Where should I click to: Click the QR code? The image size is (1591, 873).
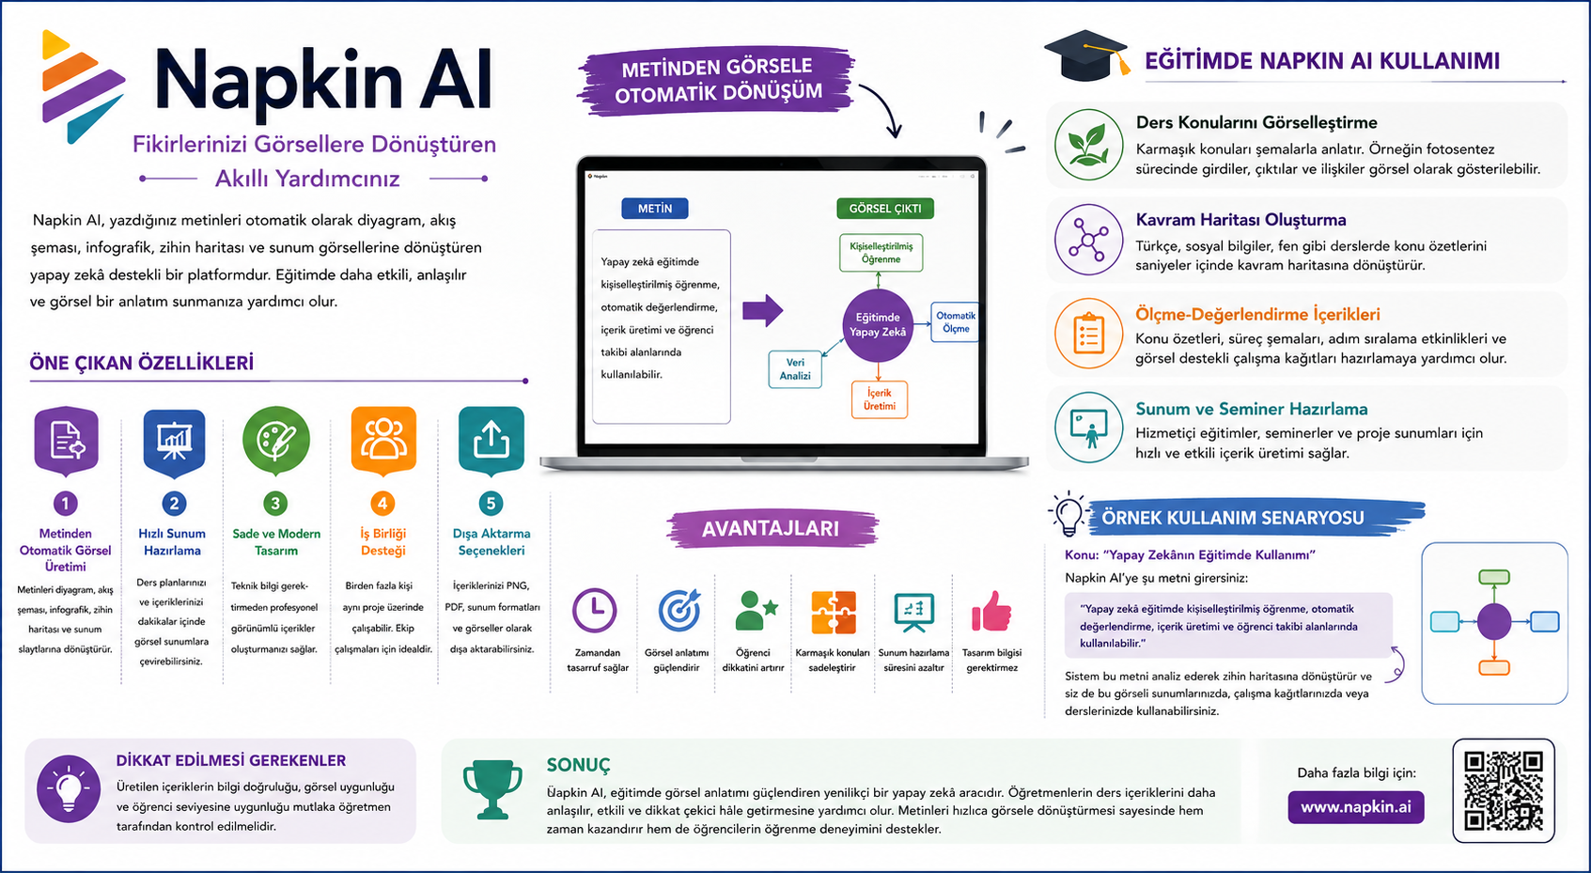pyautogui.click(x=1503, y=790)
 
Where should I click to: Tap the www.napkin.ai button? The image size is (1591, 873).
pyautogui.click(x=1355, y=807)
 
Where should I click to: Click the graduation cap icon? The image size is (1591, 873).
pyautogui.click(x=1086, y=55)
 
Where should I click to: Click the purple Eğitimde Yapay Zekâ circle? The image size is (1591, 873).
pyautogui.click(x=878, y=325)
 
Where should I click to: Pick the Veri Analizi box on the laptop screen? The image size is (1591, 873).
pyautogui.click(x=795, y=369)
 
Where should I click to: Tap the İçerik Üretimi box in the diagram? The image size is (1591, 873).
pyautogui.click(x=880, y=399)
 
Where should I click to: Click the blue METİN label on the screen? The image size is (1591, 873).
pyautogui.click(x=655, y=208)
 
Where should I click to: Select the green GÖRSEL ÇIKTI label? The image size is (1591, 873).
pyautogui.click(x=885, y=208)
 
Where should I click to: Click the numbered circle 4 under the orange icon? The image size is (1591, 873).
pyautogui.click(x=382, y=504)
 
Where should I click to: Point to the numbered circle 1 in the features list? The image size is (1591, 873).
pyautogui.click(x=66, y=504)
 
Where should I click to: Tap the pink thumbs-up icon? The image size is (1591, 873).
pyautogui.click(x=990, y=612)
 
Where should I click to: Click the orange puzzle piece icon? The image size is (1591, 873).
pyautogui.click(x=834, y=612)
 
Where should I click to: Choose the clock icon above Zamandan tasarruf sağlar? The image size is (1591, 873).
pyautogui.click(x=595, y=610)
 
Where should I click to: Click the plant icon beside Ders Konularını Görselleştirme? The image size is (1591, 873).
pyautogui.click(x=1088, y=145)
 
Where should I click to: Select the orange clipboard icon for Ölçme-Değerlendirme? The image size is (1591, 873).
pyautogui.click(x=1088, y=334)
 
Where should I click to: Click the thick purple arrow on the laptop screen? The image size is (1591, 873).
pyautogui.click(x=763, y=310)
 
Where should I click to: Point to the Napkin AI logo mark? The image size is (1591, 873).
pyautogui.click(x=83, y=86)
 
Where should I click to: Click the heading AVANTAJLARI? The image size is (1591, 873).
pyautogui.click(x=771, y=528)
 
